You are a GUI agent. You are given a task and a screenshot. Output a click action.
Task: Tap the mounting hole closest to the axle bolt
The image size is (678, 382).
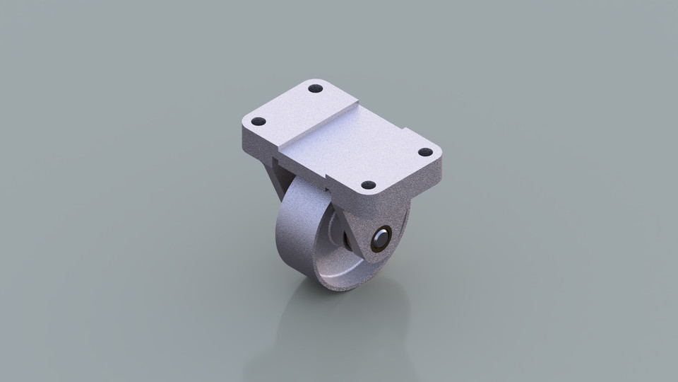(368, 185)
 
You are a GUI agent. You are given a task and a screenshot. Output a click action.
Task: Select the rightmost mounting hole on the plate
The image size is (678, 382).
(425, 152)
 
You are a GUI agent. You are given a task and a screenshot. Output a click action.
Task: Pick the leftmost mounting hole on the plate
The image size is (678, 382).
(258, 121)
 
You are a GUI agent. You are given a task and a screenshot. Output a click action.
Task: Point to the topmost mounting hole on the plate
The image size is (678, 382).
(316, 88)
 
